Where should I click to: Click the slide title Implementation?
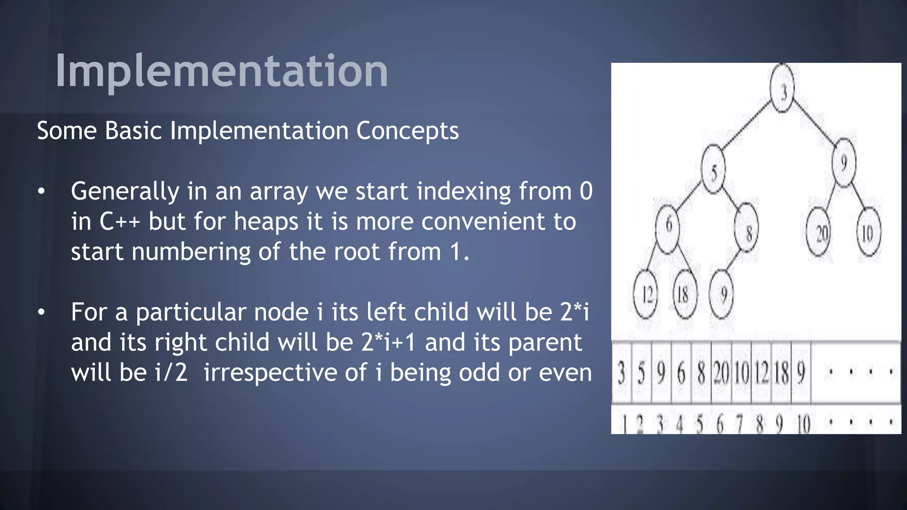click(221, 71)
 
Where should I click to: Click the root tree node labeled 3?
click(783, 89)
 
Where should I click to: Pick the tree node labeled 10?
click(868, 232)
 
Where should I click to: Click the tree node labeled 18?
click(685, 294)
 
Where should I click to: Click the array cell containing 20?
click(721, 372)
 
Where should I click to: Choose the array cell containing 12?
click(761, 372)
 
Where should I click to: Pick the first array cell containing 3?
click(621, 372)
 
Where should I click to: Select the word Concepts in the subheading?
click(407, 131)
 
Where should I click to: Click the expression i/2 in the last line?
click(171, 372)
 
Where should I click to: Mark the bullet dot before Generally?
click(41, 191)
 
